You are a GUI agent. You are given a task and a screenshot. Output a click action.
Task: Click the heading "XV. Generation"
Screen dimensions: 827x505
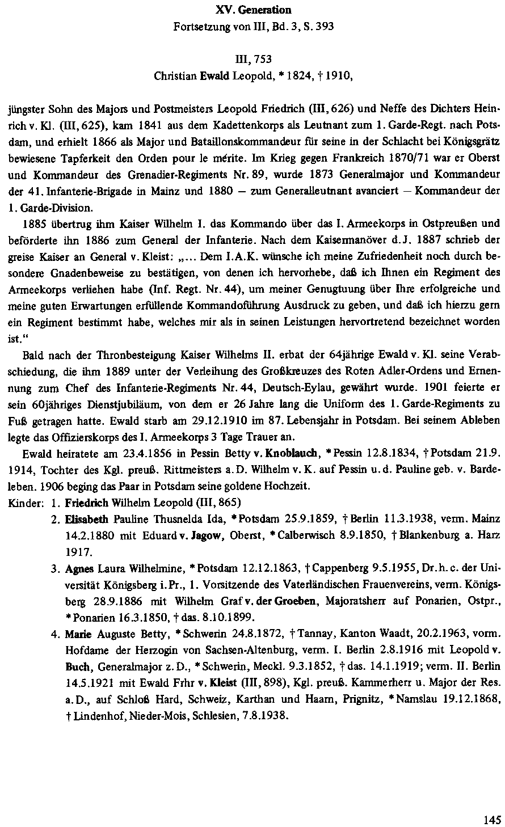pyautogui.click(x=254, y=10)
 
